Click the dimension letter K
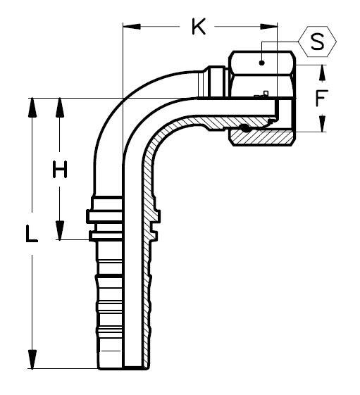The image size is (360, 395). tap(199, 27)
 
